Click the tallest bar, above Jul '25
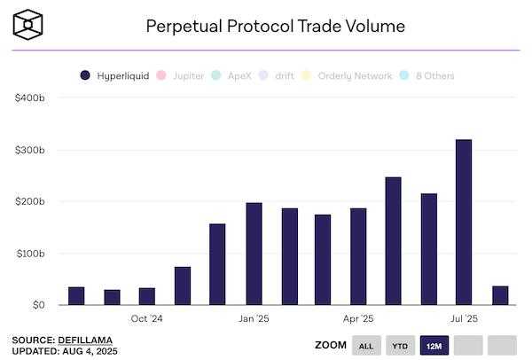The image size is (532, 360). [x=464, y=222]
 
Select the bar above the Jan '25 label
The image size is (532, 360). [x=254, y=254]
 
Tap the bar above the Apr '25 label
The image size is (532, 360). [x=358, y=256]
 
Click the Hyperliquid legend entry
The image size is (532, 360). [x=115, y=76]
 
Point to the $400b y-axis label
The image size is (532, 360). [x=29, y=98]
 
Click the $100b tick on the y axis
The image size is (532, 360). [x=29, y=253]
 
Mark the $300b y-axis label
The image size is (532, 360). [x=29, y=150]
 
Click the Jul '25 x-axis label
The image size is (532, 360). [x=464, y=318]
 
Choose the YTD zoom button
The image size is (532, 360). [x=399, y=345]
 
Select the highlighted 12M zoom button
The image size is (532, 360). [x=433, y=345]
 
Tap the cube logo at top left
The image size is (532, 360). [x=30, y=24]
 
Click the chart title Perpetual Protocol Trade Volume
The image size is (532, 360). [x=275, y=26]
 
